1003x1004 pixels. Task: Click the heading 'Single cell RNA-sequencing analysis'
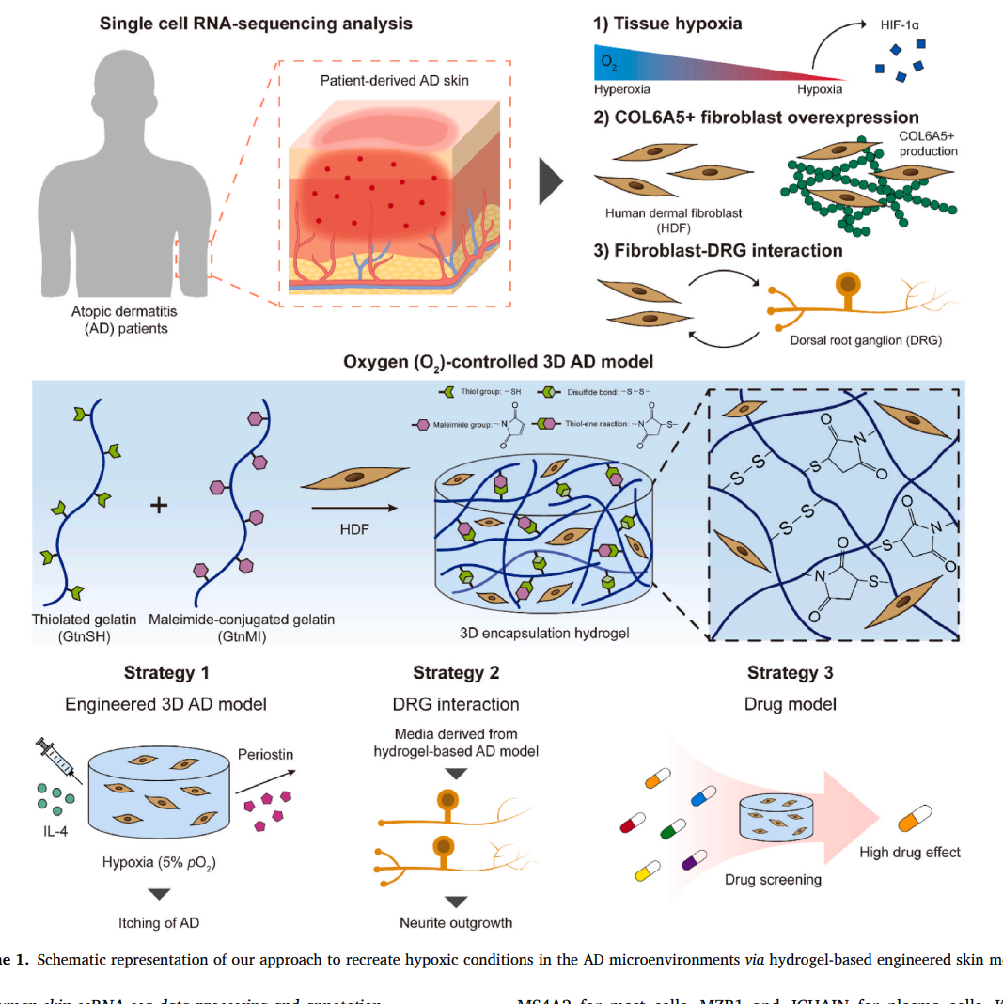(x=256, y=22)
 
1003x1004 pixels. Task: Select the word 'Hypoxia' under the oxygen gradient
(x=820, y=90)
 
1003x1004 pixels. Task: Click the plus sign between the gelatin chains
(x=160, y=506)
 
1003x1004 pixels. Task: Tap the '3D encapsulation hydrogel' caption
(x=544, y=633)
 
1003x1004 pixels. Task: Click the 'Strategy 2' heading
(x=456, y=672)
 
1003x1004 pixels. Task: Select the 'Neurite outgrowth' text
(x=456, y=922)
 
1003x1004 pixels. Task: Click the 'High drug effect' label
(x=910, y=852)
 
